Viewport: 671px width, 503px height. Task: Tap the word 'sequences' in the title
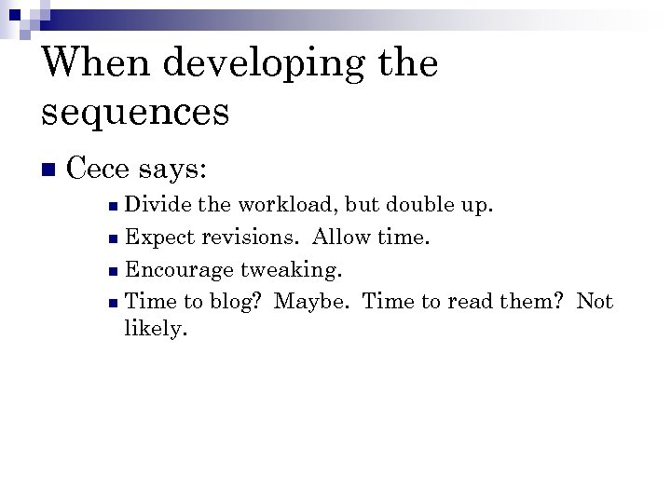(x=135, y=112)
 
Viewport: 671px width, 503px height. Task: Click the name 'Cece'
(x=100, y=170)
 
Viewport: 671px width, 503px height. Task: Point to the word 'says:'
(x=174, y=170)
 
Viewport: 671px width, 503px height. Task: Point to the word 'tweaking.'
(x=292, y=270)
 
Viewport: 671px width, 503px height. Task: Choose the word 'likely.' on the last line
(x=156, y=330)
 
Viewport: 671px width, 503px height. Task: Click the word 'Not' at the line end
(x=595, y=301)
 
